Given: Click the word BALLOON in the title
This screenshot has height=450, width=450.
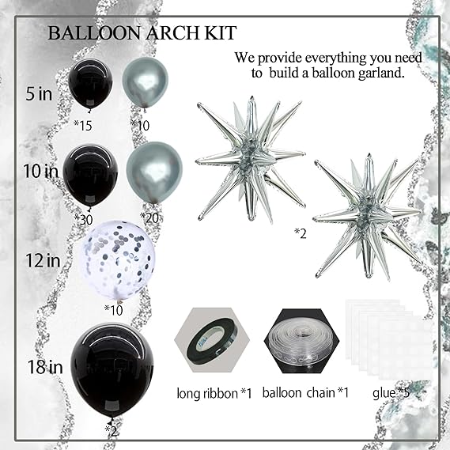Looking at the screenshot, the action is point(94,33).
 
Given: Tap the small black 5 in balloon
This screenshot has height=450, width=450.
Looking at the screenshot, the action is point(90,85).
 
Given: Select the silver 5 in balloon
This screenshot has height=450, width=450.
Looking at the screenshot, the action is point(145,83).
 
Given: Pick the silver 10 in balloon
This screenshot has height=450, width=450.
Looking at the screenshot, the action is point(154,173).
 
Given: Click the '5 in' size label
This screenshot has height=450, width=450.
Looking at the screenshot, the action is point(39,93).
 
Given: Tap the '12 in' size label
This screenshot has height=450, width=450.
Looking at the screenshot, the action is point(43,260).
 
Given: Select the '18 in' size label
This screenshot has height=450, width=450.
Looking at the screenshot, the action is point(45,367).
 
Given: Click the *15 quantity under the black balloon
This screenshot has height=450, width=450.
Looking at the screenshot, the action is point(83,126).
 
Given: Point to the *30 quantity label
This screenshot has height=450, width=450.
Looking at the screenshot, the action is point(84,219).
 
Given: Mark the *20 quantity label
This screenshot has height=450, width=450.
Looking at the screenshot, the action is point(149,218).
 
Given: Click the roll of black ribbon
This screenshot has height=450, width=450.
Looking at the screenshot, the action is point(213,339).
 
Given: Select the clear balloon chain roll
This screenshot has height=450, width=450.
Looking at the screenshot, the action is point(301,342).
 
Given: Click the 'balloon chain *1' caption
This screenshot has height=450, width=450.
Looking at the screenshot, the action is point(305,392).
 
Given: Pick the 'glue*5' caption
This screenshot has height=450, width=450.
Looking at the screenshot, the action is point(391,392).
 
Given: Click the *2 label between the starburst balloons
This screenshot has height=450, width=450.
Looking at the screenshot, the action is point(301,234).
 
